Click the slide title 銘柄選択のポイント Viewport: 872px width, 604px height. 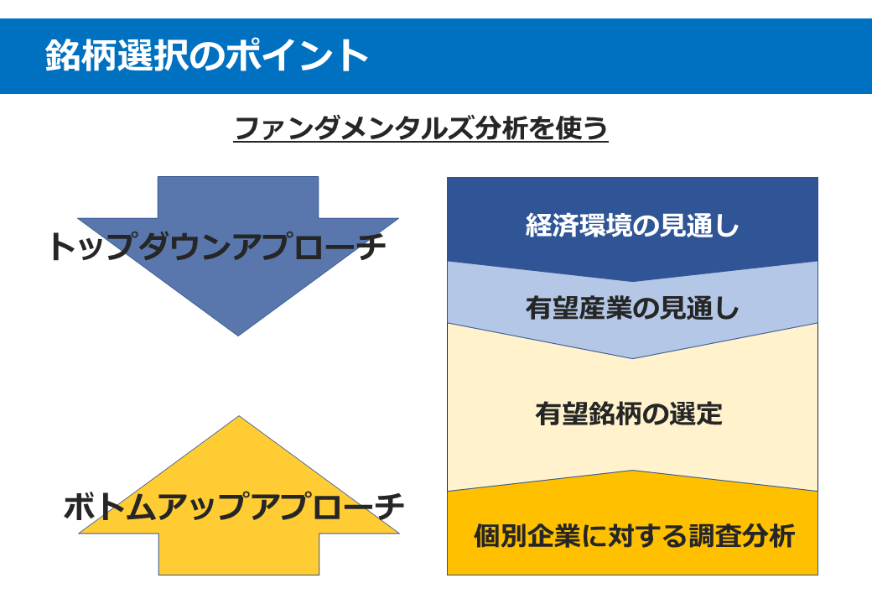(x=206, y=55)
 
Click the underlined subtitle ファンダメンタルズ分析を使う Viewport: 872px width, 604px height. (x=421, y=128)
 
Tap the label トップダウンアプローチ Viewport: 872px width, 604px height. (x=217, y=247)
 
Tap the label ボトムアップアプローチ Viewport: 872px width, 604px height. (x=234, y=507)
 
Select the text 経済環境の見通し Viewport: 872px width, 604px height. (x=632, y=226)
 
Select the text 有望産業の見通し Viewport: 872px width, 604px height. (x=632, y=308)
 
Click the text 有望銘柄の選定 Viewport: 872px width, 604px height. (x=629, y=414)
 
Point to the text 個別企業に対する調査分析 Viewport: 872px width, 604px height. (x=635, y=535)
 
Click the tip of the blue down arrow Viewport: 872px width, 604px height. (x=238, y=336)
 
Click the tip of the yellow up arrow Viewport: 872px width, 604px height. (x=239, y=417)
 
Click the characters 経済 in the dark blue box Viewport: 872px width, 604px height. (x=553, y=226)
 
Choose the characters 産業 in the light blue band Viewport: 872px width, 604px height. (x=605, y=308)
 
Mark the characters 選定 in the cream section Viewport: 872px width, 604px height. (x=696, y=414)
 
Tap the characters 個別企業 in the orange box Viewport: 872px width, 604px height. (x=527, y=535)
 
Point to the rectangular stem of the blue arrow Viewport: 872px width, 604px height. (x=238, y=197)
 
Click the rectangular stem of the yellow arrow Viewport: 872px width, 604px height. (x=239, y=554)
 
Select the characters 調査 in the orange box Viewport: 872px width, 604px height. (x=715, y=535)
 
